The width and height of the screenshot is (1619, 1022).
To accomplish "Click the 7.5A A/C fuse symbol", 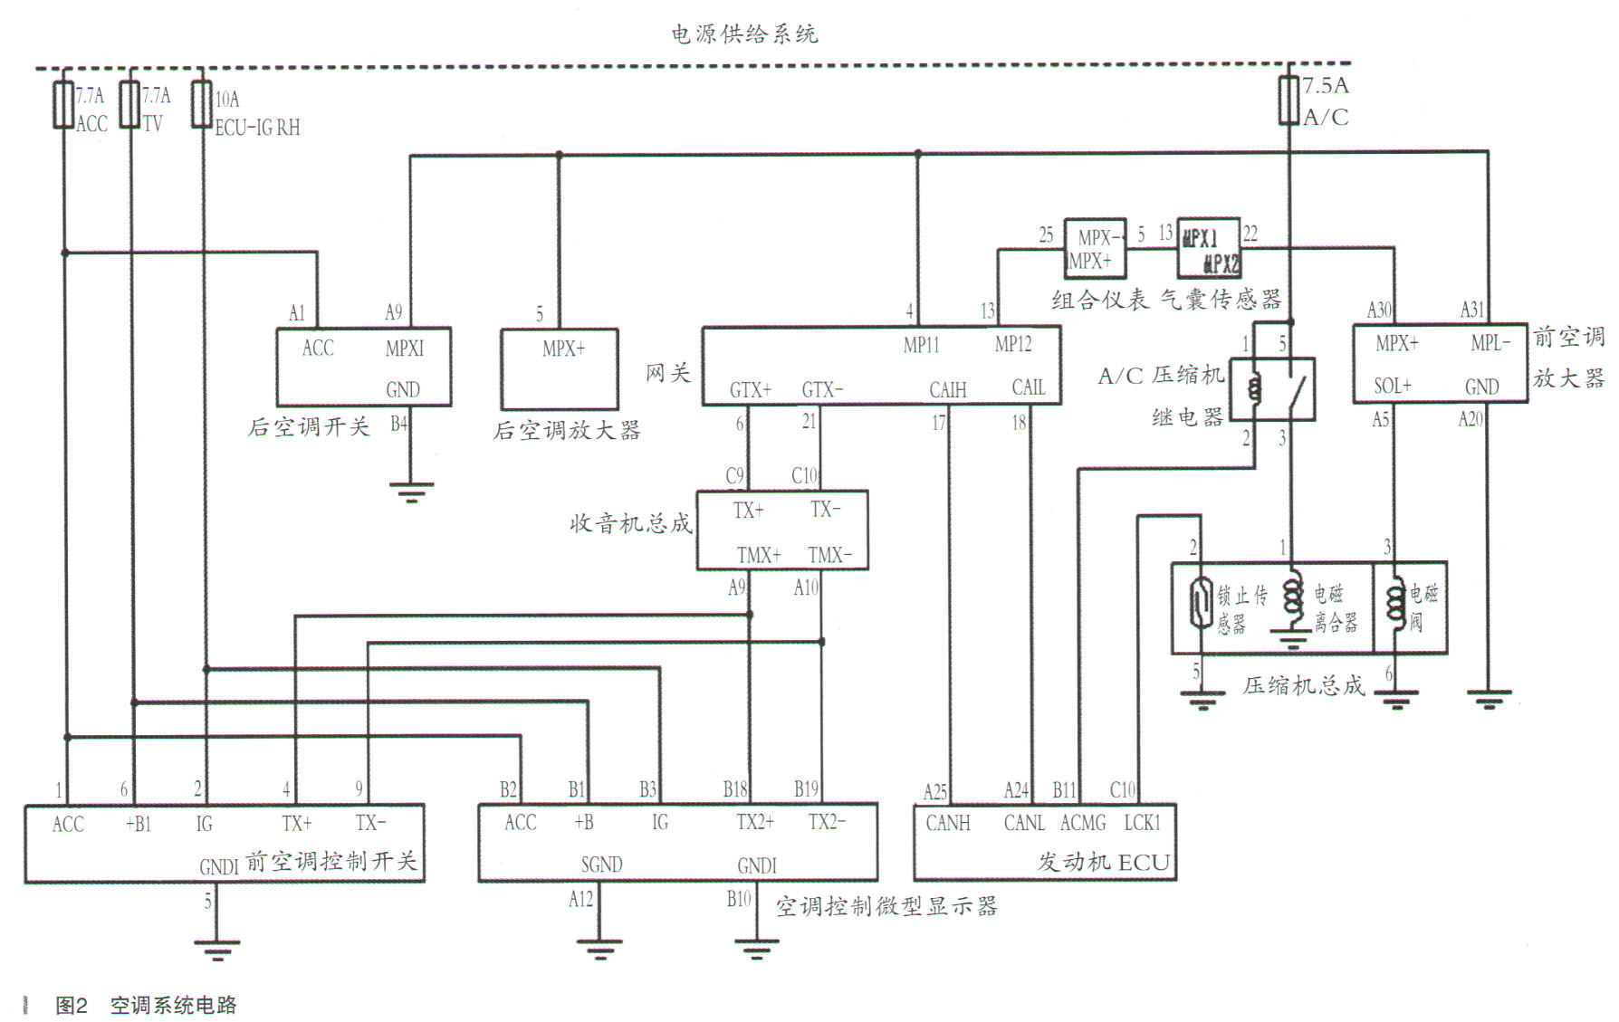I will [x=1289, y=100].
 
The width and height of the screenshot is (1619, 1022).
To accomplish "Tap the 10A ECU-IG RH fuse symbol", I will [x=201, y=105].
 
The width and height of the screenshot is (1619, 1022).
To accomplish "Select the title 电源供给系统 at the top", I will [x=743, y=34].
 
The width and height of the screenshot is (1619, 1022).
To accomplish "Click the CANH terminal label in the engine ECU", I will [x=947, y=823].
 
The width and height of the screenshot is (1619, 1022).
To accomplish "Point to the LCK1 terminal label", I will [x=1142, y=823].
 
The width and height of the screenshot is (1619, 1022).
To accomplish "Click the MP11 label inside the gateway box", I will [x=921, y=345].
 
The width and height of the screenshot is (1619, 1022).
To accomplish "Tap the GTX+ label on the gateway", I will [x=751, y=390].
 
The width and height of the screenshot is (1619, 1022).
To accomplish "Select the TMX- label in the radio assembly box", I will [x=829, y=555].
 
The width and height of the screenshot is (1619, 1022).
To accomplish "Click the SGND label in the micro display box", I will [x=601, y=864].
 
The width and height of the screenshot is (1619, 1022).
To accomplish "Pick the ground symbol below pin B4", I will [x=410, y=492].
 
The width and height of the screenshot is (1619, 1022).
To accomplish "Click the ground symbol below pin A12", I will [x=599, y=949].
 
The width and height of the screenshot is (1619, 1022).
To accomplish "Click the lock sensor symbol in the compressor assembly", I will [x=1201, y=602].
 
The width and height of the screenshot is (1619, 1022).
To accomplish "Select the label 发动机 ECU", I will [x=1104, y=862].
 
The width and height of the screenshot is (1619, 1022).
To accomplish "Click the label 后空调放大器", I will [x=567, y=430].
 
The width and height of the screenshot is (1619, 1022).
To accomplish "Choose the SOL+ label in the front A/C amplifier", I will [x=1392, y=387].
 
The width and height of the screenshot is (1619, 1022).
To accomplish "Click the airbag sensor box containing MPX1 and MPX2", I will [x=1208, y=248].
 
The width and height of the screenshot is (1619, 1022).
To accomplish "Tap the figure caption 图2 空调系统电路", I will [x=146, y=1005].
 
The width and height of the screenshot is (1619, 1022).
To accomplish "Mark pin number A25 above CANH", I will [x=934, y=793].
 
